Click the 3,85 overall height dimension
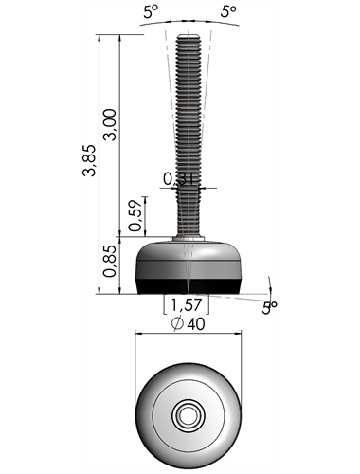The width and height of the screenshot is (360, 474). tap(89, 160)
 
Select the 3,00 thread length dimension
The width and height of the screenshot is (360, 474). tap(110, 124)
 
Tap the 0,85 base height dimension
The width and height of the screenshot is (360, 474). tap(110, 262)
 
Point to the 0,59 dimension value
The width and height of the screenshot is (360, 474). tap(135, 215)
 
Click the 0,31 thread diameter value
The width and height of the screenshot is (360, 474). tap(179, 179)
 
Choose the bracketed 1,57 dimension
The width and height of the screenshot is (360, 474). tap(187, 305)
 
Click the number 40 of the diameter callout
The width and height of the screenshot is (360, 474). tap(196, 324)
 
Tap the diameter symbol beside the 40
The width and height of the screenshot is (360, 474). tap(177, 324)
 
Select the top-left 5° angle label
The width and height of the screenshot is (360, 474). tap(151, 11)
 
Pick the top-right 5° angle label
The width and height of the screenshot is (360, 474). tap(228, 11)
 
